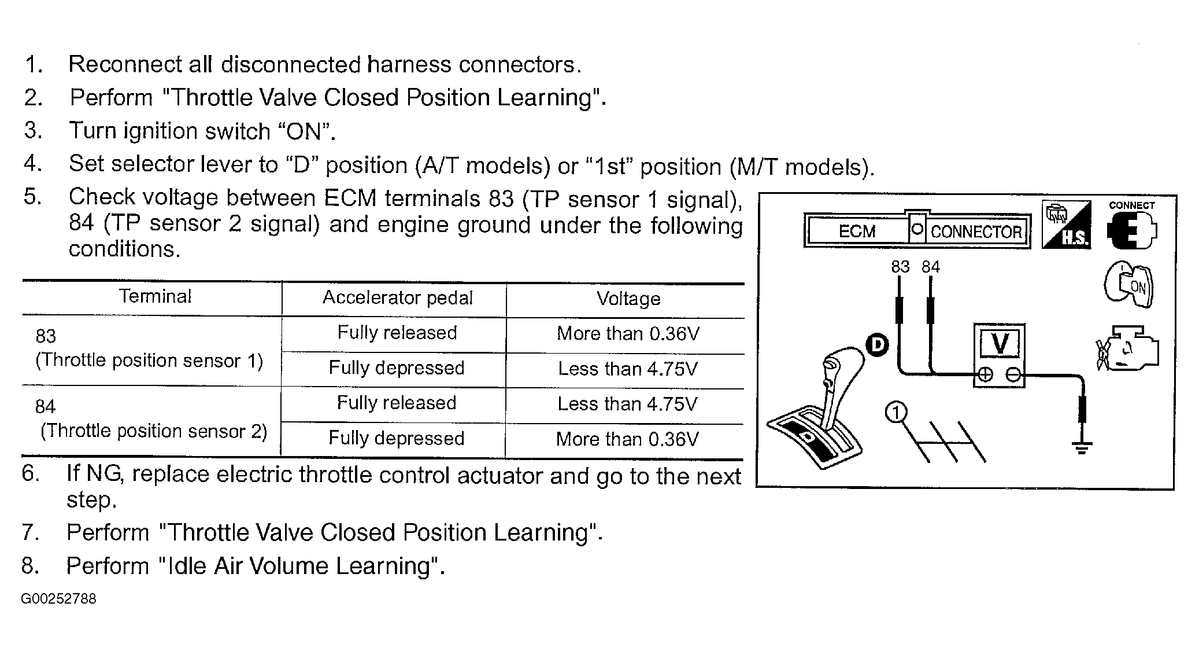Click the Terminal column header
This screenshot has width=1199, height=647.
coord(155,297)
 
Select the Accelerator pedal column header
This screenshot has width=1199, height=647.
coord(397,298)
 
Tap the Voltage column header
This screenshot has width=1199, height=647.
coord(628,299)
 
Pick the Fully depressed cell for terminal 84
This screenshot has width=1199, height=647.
coord(397,439)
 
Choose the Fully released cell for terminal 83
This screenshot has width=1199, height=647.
coord(397,333)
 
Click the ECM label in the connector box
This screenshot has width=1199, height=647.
coord(857,231)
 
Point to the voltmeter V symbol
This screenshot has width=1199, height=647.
coord(1000,344)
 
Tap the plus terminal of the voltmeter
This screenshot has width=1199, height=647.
coord(985,375)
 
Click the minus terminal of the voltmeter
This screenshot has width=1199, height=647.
coord(1013,375)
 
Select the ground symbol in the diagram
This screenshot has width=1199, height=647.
coord(1082,448)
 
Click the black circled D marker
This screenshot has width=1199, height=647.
coord(878,345)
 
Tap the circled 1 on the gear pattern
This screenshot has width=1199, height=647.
coord(896,413)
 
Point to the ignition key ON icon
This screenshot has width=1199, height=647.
coord(1128,285)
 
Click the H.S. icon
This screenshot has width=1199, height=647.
coord(1066,225)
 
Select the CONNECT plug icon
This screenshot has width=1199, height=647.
coord(1131,229)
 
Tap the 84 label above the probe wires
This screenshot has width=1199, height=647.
coord(931,267)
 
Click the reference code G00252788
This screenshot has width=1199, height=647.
coord(58,599)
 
